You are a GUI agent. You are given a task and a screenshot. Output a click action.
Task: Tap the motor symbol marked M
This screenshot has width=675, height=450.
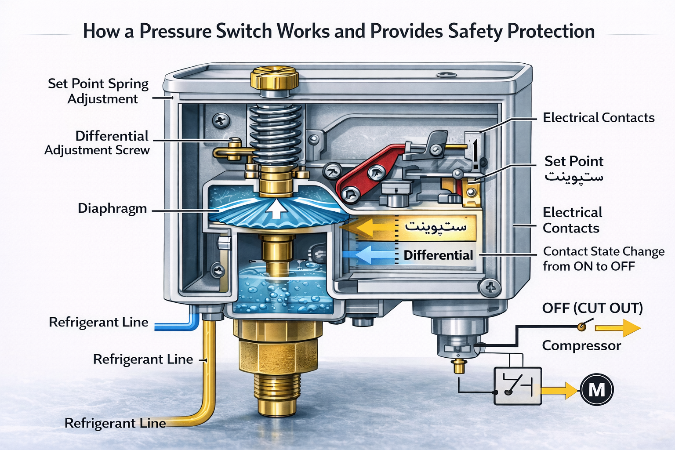pyautogui.click(x=596, y=389)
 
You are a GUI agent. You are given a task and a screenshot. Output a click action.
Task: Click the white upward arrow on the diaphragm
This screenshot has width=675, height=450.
pyautogui.click(x=276, y=209)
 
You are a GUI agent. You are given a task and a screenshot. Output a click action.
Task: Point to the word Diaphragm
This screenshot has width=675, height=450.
pyautogui.click(x=112, y=208)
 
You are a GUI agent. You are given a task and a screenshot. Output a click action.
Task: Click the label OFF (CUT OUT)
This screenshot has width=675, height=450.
pyautogui.click(x=592, y=308)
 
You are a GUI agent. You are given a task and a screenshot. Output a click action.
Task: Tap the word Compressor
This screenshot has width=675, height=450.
pyautogui.click(x=581, y=345)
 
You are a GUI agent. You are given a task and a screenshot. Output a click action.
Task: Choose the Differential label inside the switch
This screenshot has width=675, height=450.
pyautogui.click(x=438, y=255)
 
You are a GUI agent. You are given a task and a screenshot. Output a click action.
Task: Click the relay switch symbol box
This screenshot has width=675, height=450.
pyautogui.click(x=518, y=386)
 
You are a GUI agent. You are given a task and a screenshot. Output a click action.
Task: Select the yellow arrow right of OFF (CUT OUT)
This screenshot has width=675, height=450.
pyautogui.click(x=618, y=328)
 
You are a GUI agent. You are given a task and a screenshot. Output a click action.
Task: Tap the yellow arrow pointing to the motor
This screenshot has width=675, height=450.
pyautogui.click(x=560, y=390)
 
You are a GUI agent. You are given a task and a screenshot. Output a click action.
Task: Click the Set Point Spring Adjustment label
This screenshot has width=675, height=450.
pyautogui.click(x=98, y=91)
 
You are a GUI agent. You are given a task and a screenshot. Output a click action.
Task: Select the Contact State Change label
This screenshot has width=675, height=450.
pyautogui.click(x=603, y=259)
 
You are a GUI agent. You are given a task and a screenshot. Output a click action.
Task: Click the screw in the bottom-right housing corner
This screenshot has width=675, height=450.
pyautogui.click(x=490, y=288)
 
